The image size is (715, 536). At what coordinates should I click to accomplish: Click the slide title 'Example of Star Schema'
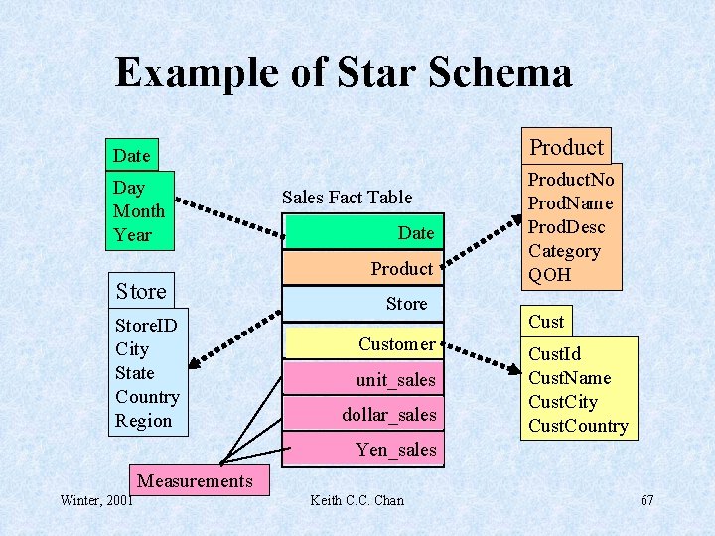(x=344, y=73)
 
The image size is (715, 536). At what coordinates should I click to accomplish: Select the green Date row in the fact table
(x=362, y=233)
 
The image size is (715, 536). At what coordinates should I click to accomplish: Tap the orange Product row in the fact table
(x=362, y=268)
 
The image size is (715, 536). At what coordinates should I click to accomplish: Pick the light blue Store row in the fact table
(x=362, y=304)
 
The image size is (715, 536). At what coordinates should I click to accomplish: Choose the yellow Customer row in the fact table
(x=362, y=344)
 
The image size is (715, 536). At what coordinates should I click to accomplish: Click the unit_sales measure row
(x=362, y=380)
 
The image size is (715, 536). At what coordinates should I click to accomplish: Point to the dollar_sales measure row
(x=362, y=415)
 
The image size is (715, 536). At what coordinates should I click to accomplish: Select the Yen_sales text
(x=396, y=450)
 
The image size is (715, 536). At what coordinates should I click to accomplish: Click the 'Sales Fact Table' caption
(x=347, y=197)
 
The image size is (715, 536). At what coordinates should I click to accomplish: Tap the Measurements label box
(x=195, y=481)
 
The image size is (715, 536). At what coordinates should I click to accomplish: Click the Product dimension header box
(x=566, y=147)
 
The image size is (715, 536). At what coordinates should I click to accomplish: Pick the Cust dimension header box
(x=546, y=321)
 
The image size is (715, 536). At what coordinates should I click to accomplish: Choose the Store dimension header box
(x=141, y=291)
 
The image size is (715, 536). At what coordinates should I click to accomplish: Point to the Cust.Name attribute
(x=569, y=378)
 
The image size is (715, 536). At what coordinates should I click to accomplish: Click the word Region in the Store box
(x=144, y=421)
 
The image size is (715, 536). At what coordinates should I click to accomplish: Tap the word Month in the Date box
(x=139, y=210)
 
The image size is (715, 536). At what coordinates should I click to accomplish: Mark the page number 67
(x=647, y=500)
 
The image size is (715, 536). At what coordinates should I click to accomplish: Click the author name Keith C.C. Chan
(x=357, y=500)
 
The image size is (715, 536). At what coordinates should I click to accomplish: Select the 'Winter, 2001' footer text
(x=96, y=500)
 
